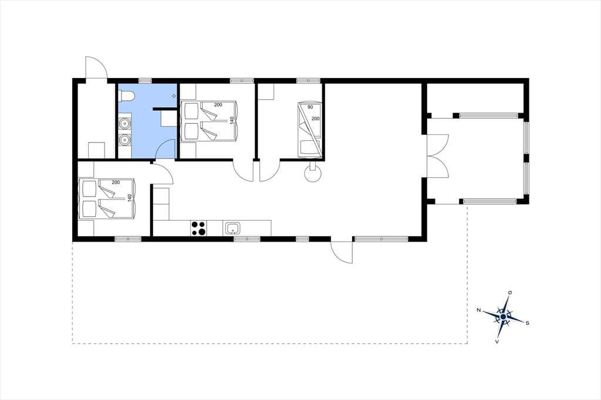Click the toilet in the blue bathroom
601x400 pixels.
[126, 96]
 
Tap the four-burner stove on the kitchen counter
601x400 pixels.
[198, 228]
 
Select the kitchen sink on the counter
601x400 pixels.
[232, 228]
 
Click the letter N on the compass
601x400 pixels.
[479, 310]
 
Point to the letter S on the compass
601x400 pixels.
[528, 323]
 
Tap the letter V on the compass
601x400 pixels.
[497, 341]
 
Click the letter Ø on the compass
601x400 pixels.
[510, 292]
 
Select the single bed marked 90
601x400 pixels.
[309, 130]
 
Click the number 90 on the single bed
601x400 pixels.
[310, 107]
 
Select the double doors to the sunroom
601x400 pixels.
[438, 155]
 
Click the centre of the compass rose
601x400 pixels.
[503, 317]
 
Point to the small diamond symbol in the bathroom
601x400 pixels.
[174, 96]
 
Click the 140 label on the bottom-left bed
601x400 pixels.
[130, 198]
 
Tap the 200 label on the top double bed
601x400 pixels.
[218, 105]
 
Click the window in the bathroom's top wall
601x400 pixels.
[146, 81]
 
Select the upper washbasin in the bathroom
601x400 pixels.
[124, 124]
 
